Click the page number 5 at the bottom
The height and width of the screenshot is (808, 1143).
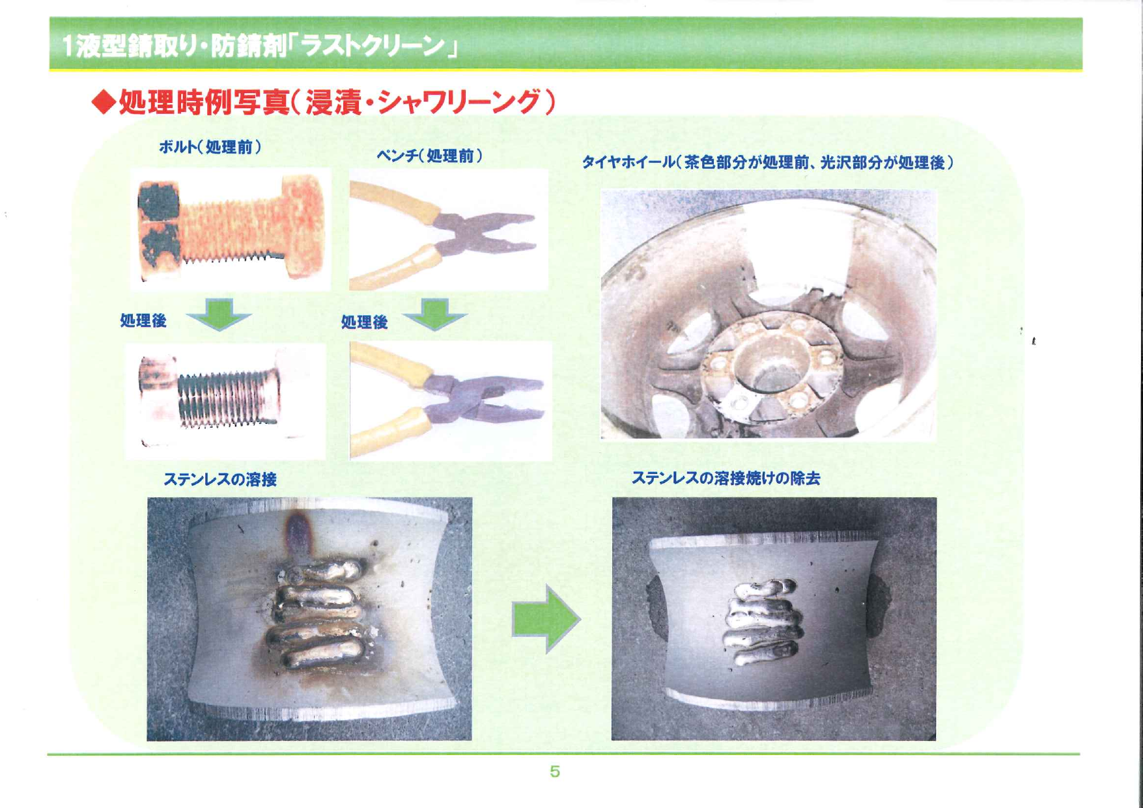point(554,772)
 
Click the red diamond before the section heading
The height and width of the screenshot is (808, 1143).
point(103,102)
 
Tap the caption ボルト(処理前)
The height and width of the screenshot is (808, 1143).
point(210,146)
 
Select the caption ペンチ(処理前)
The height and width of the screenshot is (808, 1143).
point(429,156)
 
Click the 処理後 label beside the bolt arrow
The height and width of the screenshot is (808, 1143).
point(143,320)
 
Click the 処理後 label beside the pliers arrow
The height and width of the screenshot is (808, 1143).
point(364,322)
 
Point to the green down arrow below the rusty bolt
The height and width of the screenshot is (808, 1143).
point(219,314)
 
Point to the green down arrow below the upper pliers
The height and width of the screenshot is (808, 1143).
point(434,314)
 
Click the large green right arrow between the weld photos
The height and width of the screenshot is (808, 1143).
point(546,619)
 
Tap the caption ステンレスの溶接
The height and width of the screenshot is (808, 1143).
point(219,479)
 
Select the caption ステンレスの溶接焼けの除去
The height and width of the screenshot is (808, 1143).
point(726,478)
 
